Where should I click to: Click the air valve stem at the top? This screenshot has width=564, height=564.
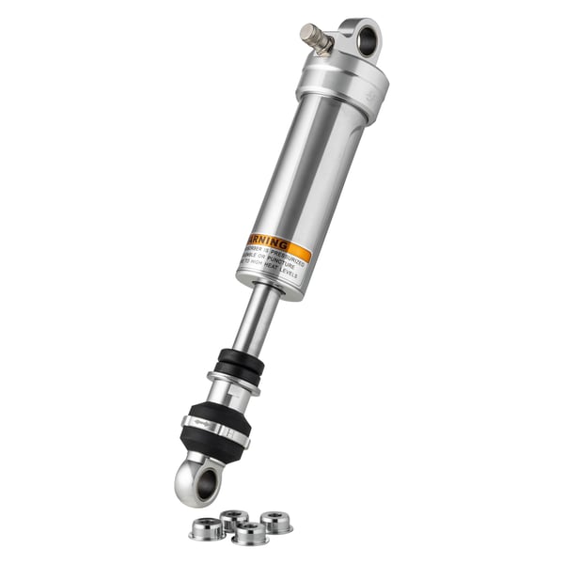pyautogui.click(x=315, y=38)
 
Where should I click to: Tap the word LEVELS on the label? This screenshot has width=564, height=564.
pyautogui.click(x=288, y=277)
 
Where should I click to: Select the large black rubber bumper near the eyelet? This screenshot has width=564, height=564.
pyautogui.click(x=215, y=428)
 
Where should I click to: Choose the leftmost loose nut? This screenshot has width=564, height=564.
pyautogui.click(x=207, y=529)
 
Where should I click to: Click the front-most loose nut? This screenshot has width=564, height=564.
pyautogui.click(x=249, y=534)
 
